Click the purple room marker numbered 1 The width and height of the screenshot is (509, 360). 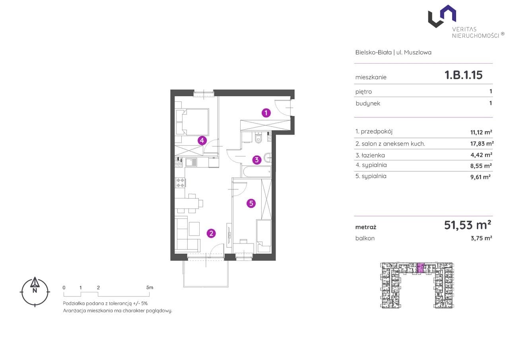click(x=266, y=113)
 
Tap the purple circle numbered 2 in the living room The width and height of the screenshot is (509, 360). click(x=211, y=233)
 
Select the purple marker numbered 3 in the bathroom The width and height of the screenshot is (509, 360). click(x=257, y=160)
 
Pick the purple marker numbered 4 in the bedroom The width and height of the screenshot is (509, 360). click(x=202, y=140)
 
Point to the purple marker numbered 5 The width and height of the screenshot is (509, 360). click(x=251, y=203)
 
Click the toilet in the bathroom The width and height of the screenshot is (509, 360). click(x=258, y=137)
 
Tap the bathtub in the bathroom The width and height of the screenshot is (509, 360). click(x=257, y=172)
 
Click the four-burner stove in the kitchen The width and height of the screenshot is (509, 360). click(x=181, y=183)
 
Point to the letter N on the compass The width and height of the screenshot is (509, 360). click(x=35, y=290)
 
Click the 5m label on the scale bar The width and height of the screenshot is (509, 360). click(x=150, y=288)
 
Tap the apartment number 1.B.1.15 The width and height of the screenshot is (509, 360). click(x=463, y=75)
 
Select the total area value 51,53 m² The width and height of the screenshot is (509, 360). click(x=467, y=225)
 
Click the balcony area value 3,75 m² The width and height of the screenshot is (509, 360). click(x=481, y=238)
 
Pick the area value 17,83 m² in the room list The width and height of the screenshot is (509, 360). click(x=482, y=144)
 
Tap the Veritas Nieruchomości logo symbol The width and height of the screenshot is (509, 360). click(x=442, y=16)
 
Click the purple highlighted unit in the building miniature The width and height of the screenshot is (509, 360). click(x=421, y=267)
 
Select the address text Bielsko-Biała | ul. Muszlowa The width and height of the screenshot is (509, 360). click(x=393, y=53)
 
